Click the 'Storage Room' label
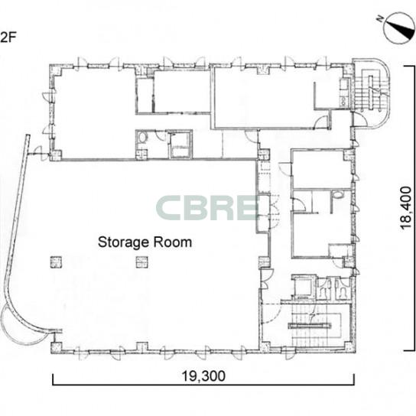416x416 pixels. (145, 242)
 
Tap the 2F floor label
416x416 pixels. (8, 37)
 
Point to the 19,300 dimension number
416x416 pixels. (203, 375)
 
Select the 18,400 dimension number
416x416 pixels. (405, 208)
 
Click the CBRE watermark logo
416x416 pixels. (208, 207)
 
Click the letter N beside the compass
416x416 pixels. (380, 19)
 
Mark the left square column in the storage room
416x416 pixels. (56, 262)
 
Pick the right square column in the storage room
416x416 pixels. (142, 262)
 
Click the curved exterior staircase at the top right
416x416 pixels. (372, 93)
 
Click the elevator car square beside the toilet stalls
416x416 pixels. (304, 287)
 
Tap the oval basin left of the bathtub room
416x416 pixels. (143, 138)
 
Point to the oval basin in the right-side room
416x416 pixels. (338, 195)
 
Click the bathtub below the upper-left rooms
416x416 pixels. (180, 145)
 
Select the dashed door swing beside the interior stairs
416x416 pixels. (271, 313)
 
